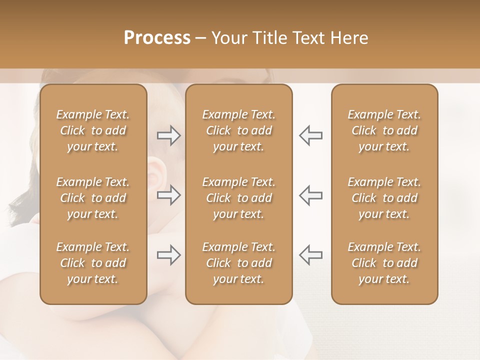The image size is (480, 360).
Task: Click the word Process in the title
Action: coord(157,38)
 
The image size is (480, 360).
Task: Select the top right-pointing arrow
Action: coord(168,135)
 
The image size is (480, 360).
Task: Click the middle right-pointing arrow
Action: coord(168,195)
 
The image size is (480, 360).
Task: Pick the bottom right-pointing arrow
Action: coord(168,255)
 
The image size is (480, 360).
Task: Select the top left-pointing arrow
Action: coord(310,135)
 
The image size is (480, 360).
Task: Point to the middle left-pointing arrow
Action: coord(310,195)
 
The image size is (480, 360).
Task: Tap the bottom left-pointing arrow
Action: coord(310,255)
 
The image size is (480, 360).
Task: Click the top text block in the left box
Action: coord(93,130)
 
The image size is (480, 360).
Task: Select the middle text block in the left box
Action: coord(93,198)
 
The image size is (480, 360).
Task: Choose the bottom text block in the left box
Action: coord(93,263)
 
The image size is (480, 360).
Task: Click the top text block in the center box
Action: coord(238,130)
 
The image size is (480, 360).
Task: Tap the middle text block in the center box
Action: coord(238,198)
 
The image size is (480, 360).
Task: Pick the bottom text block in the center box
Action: coord(238,263)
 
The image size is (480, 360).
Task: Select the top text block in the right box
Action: coord(384,130)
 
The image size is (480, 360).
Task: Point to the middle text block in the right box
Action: coord(384,198)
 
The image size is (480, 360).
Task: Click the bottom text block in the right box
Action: coord(384,263)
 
